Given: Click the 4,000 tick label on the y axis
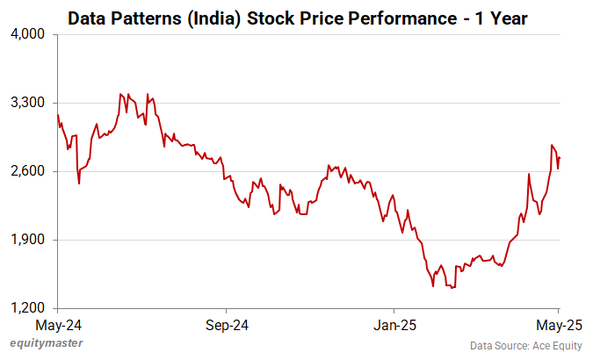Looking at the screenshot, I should tap(28, 34).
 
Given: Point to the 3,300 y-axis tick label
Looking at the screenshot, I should tap(28, 103).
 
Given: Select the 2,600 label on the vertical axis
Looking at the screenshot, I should tap(28, 171).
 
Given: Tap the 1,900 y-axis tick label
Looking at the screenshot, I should tap(28, 240).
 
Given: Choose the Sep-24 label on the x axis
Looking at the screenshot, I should tap(226, 324).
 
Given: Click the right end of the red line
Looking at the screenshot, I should tap(560, 158).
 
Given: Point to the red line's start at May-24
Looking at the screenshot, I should tap(58, 115).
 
